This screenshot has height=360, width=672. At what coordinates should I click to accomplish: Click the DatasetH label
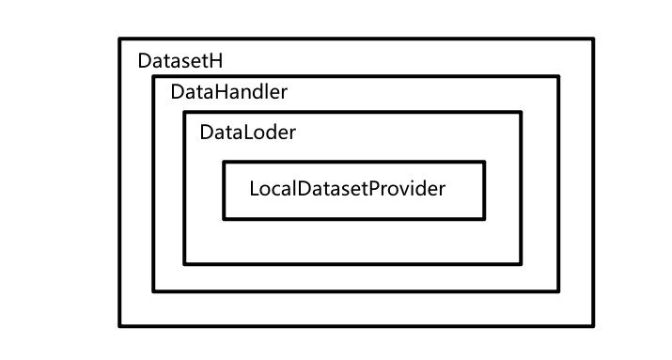[180, 61]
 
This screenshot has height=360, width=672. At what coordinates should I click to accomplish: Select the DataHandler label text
[228, 93]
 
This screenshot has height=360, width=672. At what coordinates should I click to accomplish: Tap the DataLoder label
[247, 133]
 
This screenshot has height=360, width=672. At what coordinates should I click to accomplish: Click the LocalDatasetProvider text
[347, 188]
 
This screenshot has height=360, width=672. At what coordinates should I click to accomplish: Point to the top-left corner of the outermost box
[119, 39]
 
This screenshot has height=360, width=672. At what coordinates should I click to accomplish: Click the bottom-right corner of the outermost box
[593, 326]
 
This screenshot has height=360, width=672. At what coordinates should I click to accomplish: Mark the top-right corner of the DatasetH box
[593, 39]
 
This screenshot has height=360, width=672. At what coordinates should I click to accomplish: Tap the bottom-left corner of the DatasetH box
[119, 326]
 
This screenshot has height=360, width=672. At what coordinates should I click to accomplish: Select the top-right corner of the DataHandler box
[558, 76]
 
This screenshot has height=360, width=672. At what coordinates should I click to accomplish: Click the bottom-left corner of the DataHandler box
[154, 291]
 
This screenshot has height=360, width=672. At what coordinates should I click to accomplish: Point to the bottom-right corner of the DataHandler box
[558, 291]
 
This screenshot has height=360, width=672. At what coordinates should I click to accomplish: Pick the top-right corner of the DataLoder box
[521, 112]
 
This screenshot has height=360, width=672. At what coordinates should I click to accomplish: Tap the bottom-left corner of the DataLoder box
[184, 264]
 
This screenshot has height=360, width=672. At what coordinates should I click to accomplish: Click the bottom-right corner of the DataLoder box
[521, 264]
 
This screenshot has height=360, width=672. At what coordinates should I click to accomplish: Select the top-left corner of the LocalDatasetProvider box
[224, 162]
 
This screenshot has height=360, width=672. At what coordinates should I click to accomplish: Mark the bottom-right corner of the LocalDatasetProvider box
[485, 219]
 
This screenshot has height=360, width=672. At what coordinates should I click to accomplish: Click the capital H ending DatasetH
[215, 61]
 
